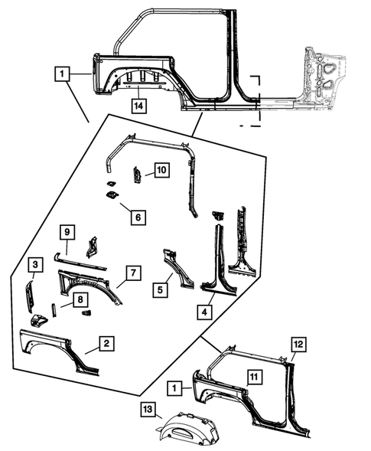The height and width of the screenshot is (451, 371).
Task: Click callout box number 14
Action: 138,106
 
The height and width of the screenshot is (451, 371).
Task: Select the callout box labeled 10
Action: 162,170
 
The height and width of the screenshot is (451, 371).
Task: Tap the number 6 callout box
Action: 138,217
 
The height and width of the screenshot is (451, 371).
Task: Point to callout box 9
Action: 67,233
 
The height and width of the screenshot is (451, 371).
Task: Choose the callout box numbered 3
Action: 35,265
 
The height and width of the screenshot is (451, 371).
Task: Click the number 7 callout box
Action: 133,273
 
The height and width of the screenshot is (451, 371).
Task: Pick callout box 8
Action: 80,299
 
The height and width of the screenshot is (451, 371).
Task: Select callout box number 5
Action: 161,290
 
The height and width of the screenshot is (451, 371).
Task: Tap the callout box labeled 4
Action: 204,312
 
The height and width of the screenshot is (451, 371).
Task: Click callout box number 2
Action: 106,344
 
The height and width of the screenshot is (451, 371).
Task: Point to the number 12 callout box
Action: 299,345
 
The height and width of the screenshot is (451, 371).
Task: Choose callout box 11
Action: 254,377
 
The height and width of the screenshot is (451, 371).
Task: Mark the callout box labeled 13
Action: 148,410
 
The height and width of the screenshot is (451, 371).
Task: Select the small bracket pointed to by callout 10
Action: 136,175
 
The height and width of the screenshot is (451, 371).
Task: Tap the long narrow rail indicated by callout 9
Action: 80,261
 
